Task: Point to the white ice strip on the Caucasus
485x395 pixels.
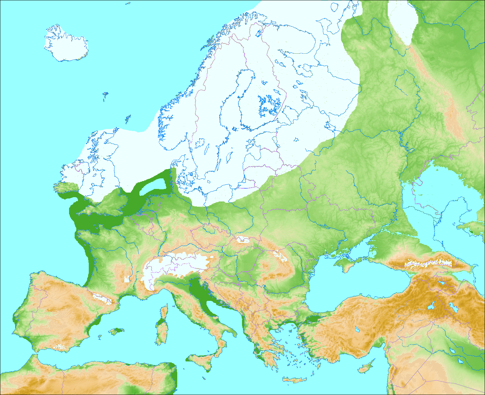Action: tap(427, 263)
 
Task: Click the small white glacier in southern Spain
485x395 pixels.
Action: tap(60, 346)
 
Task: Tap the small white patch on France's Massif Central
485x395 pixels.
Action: tap(127, 280)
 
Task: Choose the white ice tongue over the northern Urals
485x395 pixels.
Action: tap(403, 20)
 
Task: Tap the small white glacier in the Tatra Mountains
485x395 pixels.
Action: tap(243, 239)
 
